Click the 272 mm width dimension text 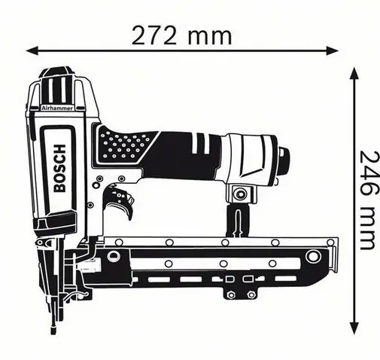181,36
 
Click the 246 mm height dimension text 368,200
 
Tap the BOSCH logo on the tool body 60,168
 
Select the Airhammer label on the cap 57,108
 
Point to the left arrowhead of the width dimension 32,50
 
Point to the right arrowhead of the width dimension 333,50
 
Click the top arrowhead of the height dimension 354,73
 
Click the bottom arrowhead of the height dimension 354,328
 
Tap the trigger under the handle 120,201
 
